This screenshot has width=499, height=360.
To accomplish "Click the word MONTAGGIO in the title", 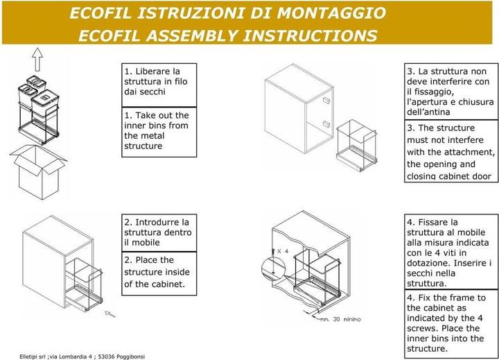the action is (x=331, y=13).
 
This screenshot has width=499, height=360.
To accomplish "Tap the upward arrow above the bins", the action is (x=37, y=60).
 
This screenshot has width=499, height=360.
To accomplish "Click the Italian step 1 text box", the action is (x=159, y=85).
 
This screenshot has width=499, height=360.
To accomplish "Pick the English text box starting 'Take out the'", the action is (x=159, y=132).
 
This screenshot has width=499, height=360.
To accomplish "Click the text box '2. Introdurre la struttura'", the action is (x=159, y=233).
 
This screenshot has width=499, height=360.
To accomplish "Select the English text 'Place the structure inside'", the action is (x=159, y=273).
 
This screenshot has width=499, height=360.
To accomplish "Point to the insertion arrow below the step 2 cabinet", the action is (x=110, y=314).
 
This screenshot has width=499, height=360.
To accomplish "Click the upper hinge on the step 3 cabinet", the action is (x=326, y=101).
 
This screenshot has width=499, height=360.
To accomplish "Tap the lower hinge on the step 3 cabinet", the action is (x=326, y=123).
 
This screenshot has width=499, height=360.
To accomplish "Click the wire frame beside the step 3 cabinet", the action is (x=357, y=145).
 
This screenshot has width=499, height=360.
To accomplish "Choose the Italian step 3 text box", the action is (x=451, y=92).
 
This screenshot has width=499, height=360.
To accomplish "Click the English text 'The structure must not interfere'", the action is (x=451, y=151).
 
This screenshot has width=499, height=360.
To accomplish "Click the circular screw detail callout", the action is (x=273, y=269).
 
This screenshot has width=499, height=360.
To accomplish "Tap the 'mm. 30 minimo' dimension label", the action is (x=340, y=319).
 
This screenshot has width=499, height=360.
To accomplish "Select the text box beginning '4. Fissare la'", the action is (x=451, y=252).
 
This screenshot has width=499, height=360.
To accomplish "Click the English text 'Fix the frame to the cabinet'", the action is (x=451, y=324).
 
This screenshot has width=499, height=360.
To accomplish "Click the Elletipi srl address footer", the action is (x=82, y=357).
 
